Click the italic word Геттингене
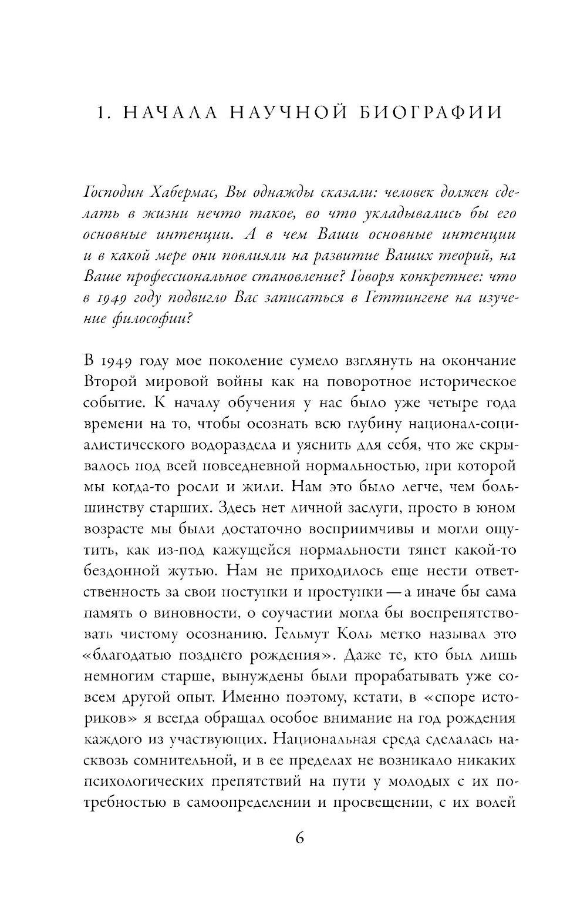400,298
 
